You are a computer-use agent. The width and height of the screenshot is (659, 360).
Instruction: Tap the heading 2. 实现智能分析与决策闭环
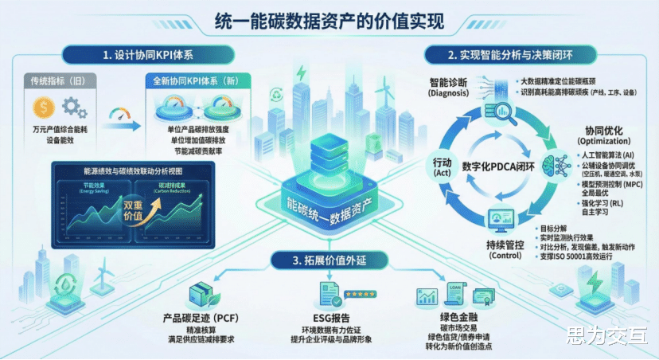click(x=509, y=56)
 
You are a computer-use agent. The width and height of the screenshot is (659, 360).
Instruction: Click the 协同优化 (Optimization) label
click(x=602, y=135)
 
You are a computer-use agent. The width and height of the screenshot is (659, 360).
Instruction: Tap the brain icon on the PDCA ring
click(x=552, y=164)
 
